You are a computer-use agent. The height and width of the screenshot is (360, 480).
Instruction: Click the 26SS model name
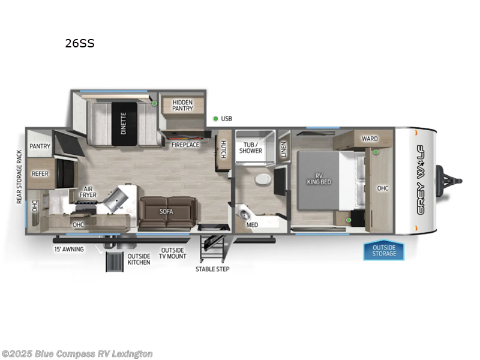(x=80, y=43)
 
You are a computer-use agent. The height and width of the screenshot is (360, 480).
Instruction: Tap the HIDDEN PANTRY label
(x=182, y=105)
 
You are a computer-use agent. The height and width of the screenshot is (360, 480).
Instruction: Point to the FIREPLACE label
(x=185, y=145)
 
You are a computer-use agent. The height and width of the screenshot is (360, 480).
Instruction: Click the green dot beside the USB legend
(x=215, y=118)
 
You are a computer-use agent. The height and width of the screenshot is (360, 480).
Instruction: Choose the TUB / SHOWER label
(x=251, y=147)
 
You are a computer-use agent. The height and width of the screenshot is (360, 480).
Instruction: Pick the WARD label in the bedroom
(x=370, y=139)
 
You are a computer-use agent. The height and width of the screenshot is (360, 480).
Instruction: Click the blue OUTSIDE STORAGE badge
(x=383, y=250)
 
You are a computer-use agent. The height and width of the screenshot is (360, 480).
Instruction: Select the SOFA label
(x=166, y=211)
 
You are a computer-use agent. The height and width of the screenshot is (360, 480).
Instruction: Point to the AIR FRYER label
(x=88, y=191)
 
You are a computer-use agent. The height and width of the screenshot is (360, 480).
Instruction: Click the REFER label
(x=40, y=174)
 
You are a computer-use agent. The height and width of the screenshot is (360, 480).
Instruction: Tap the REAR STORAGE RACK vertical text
(x=19, y=176)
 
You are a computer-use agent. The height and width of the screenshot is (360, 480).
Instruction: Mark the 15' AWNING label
(x=69, y=249)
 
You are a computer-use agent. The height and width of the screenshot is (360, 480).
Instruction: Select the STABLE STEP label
(x=212, y=269)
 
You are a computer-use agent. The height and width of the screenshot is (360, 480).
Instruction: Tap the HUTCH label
(x=223, y=149)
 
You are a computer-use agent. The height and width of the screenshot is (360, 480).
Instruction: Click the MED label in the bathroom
(x=252, y=224)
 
